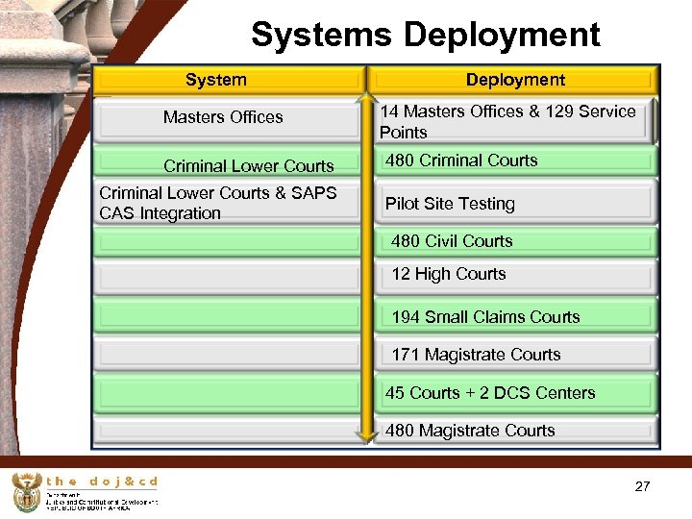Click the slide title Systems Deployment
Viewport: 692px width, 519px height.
pos(425,36)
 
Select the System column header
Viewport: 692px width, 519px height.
pos(215,80)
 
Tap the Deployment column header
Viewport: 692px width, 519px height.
pos(515,80)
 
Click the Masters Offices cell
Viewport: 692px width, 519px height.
pos(223,117)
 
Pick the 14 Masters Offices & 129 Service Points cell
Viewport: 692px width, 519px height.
pos(507,122)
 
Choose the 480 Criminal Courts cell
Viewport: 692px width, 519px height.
pos(461,161)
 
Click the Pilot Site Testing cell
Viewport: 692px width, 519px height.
pos(450,204)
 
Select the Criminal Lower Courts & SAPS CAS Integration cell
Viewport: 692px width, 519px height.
pos(218,204)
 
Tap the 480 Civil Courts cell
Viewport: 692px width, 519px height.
pos(452,241)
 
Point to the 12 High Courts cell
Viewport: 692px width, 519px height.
pos(448,274)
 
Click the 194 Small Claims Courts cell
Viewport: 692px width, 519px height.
pos(485,317)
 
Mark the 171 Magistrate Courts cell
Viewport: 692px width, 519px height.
pos(476,355)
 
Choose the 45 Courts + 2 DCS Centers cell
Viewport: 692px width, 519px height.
pos(490,393)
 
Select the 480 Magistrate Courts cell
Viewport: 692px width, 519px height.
pos(470,431)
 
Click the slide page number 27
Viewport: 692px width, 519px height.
pos(642,487)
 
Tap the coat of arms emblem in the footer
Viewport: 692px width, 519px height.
pos(26,494)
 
